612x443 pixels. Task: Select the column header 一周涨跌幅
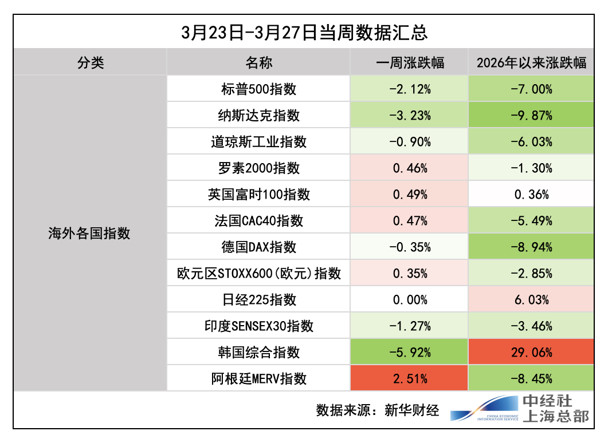pyautogui.click(x=410, y=62)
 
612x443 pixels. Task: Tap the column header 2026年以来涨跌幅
pyautogui.click(x=531, y=62)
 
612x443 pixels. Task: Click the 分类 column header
pyautogui.click(x=91, y=62)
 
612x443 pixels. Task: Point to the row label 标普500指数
pyautogui.click(x=258, y=89)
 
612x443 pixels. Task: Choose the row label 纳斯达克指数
pyautogui.click(x=258, y=116)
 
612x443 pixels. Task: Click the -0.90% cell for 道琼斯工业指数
pyautogui.click(x=410, y=142)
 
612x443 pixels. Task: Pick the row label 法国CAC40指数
pyautogui.click(x=258, y=221)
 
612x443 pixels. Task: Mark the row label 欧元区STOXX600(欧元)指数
pyautogui.click(x=258, y=274)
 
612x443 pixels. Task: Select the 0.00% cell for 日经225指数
pyautogui.click(x=410, y=300)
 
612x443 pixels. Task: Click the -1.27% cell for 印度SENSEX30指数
pyautogui.click(x=410, y=326)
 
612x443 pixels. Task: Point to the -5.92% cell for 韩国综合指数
pyautogui.click(x=410, y=353)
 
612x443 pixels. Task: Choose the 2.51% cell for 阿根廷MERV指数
pyautogui.click(x=410, y=379)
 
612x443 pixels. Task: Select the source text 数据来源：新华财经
pyautogui.click(x=378, y=410)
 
